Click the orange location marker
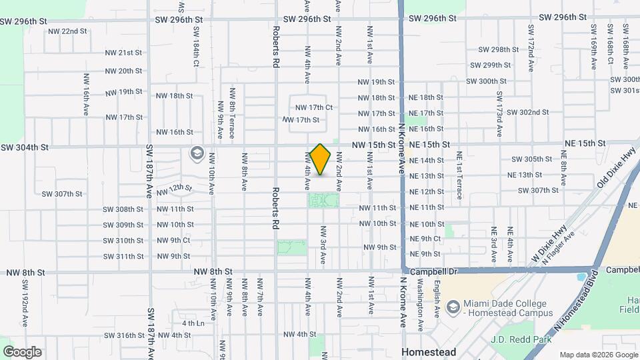[x=321, y=159]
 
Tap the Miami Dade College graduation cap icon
[x=453, y=307]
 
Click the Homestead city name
[x=428, y=352]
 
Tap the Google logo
[x=22, y=352]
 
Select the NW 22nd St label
[x=69, y=31]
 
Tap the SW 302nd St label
[x=527, y=113]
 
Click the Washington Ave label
[x=421, y=297]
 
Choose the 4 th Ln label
[x=192, y=323]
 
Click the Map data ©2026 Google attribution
[x=598, y=355]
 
